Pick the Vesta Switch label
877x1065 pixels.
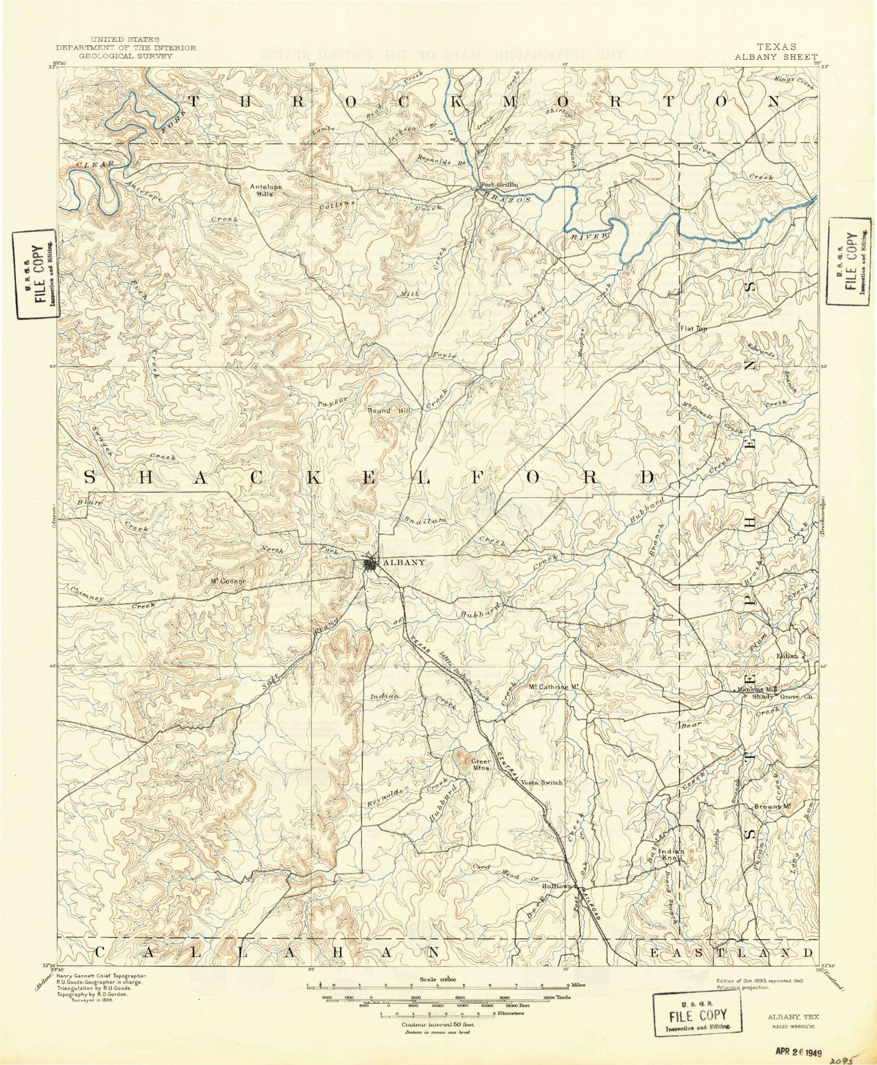coord(542,782)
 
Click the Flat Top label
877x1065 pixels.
coord(693,329)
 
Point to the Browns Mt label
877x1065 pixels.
coord(771,807)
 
